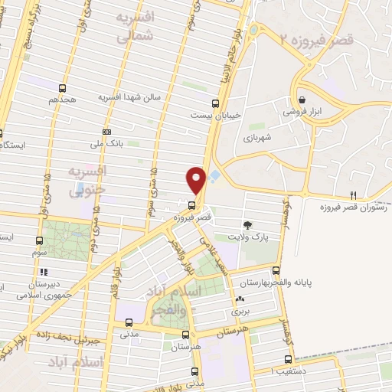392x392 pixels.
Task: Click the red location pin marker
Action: click(x=197, y=179)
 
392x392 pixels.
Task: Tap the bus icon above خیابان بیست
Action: click(x=214, y=103)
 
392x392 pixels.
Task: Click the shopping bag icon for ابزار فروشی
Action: click(x=302, y=100)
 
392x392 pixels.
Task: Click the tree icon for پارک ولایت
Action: click(x=248, y=224)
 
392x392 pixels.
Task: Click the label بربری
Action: click(x=243, y=312)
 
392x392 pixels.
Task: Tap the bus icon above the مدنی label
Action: click(x=128, y=322)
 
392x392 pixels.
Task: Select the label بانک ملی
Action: click(x=106, y=143)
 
